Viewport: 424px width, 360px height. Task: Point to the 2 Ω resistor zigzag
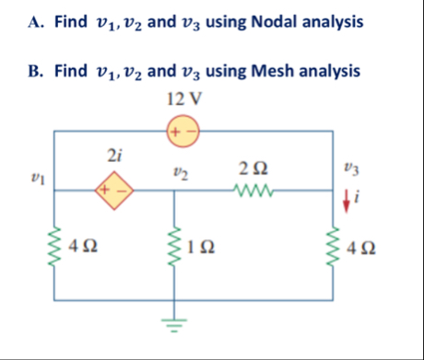pyautogui.click(x=252, y=191)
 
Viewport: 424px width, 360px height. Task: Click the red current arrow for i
pyautogui.click(x=347, y=195)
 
